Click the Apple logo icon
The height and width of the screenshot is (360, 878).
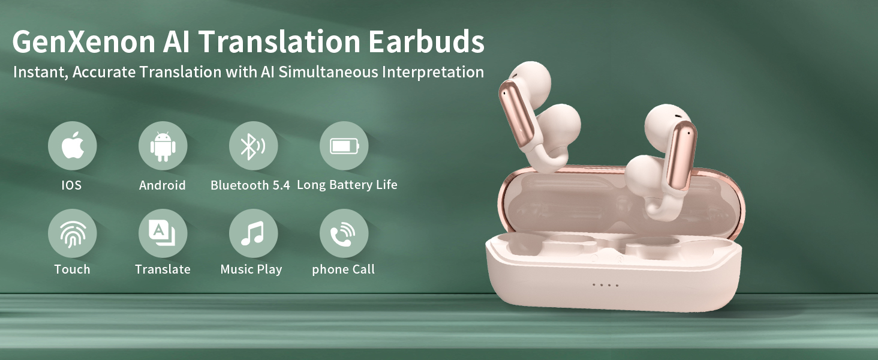point(73,145)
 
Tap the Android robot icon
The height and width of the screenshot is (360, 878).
point(163,146)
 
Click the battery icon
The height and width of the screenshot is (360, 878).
point(344,146)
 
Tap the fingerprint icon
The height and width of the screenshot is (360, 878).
point(73,234)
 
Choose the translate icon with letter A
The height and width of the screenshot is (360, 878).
point(163,232)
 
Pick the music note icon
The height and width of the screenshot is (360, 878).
point(252,233)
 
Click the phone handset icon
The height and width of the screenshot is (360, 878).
point(342,234)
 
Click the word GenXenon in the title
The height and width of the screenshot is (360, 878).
point(84,41)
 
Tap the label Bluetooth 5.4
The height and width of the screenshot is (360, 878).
point(250,185)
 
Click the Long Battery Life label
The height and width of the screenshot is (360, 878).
point(347,185)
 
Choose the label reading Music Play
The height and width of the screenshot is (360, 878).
point(251,269)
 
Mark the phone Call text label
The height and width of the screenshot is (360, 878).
point(343,269)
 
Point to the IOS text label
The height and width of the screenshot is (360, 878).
point(71,185)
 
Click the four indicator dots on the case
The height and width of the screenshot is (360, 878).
point(606,285)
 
